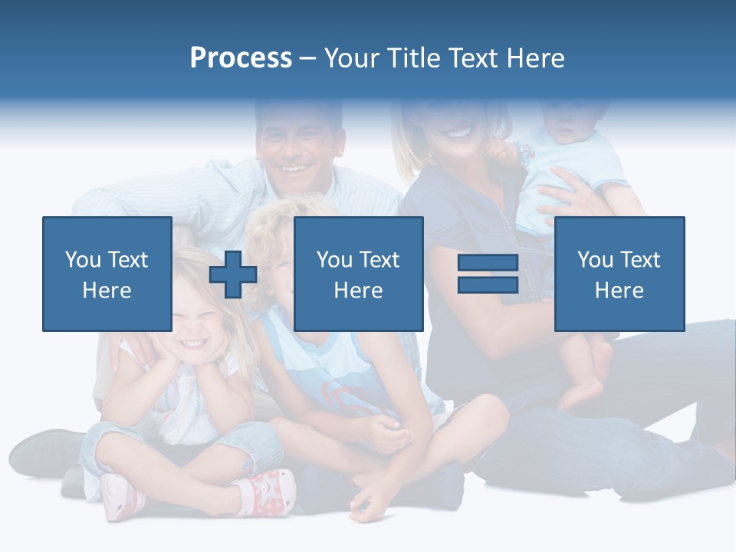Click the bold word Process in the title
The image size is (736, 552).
(x=241, y=58)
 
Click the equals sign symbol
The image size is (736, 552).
(x=488, y=274)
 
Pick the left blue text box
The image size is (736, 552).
(x=107, y=274)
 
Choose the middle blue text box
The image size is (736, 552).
(x=358, y=274)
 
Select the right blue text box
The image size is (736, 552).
(x=619, y=274)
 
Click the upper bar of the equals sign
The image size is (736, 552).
(x=488, y=264)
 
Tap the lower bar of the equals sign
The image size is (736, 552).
(x=488, y=284)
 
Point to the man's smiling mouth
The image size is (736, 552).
(x=294, y=168)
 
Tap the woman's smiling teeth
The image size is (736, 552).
(x=458, y=133)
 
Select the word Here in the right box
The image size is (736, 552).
(x=619, y=291)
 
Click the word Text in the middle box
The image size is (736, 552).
(x=379, y=260)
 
